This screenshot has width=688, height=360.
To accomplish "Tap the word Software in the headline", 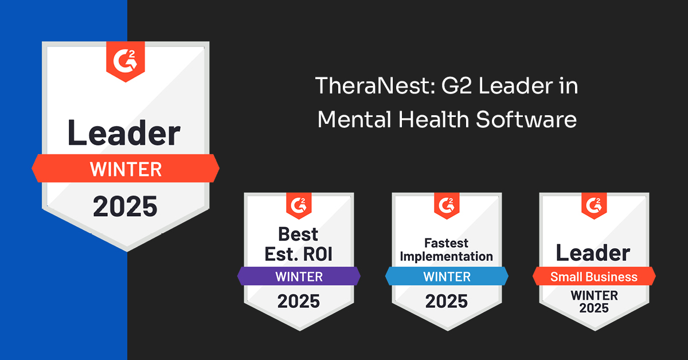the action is pos(526,119).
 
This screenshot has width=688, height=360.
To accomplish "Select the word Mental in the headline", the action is pos(354,119).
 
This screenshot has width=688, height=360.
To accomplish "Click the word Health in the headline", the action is pos(433,119).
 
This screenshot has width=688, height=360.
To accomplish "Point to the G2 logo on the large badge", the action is pos(126,62).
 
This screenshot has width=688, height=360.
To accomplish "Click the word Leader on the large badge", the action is pos(124,133).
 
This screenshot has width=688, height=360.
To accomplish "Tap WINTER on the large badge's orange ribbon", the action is pos(126,169).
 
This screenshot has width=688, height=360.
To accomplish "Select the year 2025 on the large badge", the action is pos(125,206).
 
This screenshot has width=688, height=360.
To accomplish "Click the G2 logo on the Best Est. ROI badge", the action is pos(299,205).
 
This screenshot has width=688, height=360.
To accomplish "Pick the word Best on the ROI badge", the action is pos(298,234).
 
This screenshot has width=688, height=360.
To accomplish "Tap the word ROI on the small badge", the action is pos(318,255).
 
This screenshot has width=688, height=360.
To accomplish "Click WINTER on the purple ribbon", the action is pos(299,277).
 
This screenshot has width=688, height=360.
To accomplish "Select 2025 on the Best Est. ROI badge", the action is pos(299,301).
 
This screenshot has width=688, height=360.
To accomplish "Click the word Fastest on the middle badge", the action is pos(446,243).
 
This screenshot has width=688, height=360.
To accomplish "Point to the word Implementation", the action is pos(446,256).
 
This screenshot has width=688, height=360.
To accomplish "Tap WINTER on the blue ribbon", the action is pos(447,277).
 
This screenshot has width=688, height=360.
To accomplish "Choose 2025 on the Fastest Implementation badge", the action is pos(446,301).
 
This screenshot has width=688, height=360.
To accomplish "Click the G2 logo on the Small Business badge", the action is pos(594,205).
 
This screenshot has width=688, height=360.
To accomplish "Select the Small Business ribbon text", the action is pos(594,277).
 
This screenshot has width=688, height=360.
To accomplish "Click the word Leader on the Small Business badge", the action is pos(593,253).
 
